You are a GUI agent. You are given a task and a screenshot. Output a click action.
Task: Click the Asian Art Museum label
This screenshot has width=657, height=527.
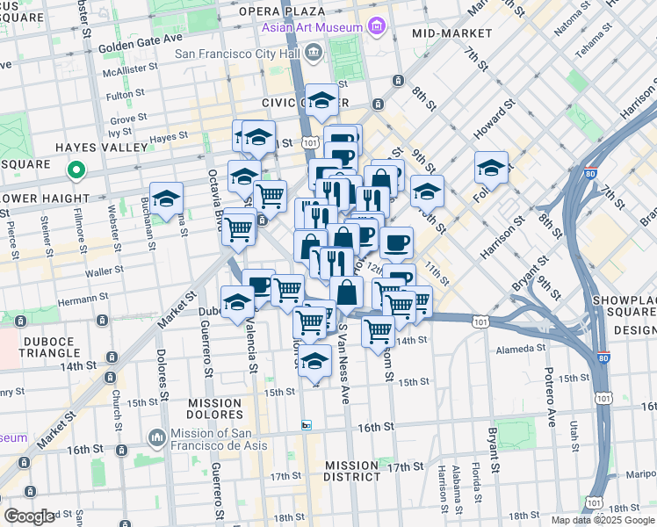click(x=311, y=27)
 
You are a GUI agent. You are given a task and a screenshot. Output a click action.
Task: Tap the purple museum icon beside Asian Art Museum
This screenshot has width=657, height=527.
click(x=377, y=26)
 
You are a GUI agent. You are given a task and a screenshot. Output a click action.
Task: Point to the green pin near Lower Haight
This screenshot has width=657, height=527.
click(x=76, y=171)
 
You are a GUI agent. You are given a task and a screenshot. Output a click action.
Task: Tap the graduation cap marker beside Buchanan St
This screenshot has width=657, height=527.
click(x=165, y=198)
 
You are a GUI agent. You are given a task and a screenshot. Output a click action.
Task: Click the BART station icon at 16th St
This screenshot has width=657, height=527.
click(x=307, y=425)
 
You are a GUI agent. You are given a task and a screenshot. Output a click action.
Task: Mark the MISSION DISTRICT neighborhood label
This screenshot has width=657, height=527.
click(x=350, y=471)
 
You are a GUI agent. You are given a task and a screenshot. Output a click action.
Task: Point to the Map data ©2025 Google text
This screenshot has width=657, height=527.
click(x=602, y=520)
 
